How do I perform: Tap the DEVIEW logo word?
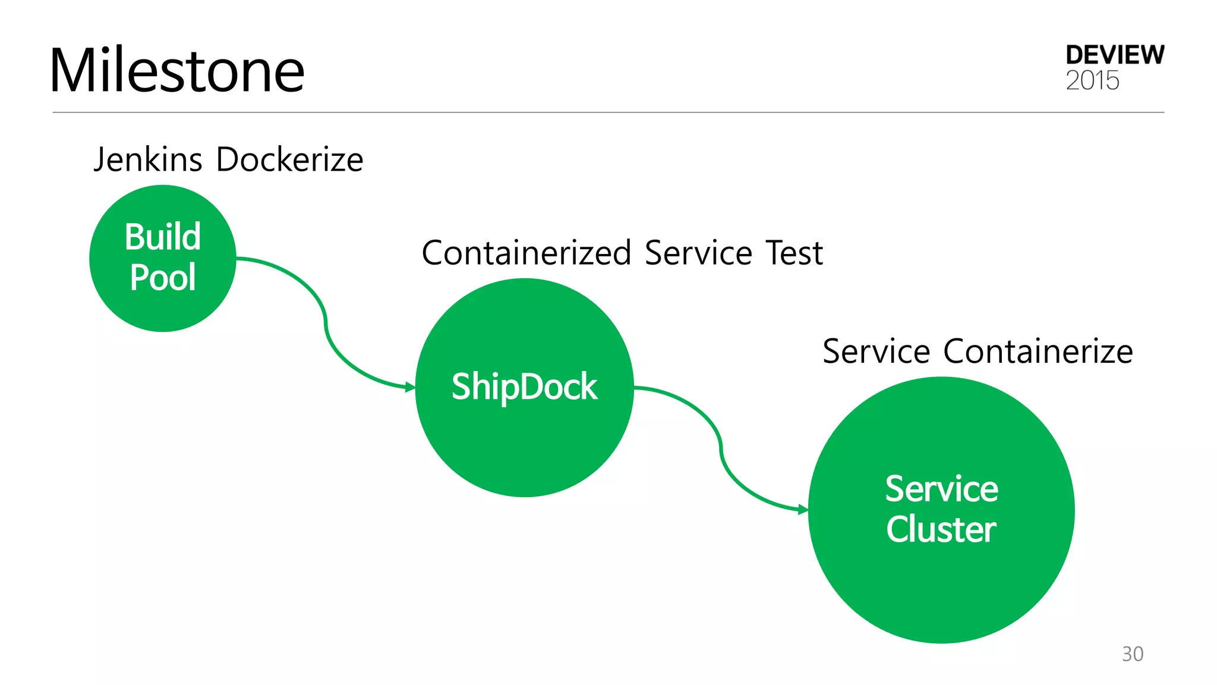click(x=1114, y=55)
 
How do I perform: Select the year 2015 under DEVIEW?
click(x=1092, y=81)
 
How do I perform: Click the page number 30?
click(x=1133, y=654)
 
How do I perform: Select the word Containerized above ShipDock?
click(x=526, y=253)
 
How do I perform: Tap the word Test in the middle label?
click(x=794, y=253)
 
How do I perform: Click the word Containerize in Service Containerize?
click(x=1038, y=351)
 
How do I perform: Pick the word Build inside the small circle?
click(x=163, y=237)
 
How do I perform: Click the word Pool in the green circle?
click(x=163, y=278)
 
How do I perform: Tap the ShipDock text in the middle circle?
click(x=524, y=387)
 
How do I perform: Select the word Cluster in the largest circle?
click(x=941, y=529)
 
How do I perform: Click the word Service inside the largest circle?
click(x=941, y=489)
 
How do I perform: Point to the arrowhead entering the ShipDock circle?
click(x=410, y=388)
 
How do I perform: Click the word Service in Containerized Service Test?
click(x=698, y=253)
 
